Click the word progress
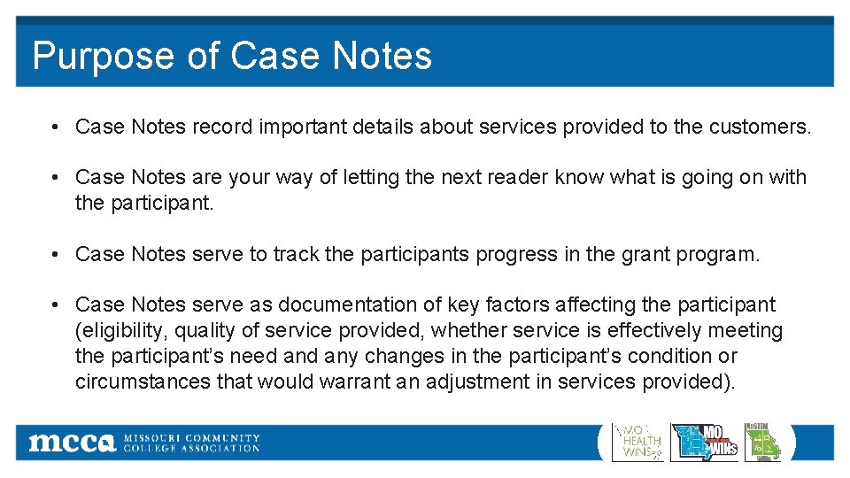[517, 255]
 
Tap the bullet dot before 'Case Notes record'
[55, 127]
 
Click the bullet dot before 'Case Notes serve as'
[55, 305]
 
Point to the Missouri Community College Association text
[191, 443]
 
